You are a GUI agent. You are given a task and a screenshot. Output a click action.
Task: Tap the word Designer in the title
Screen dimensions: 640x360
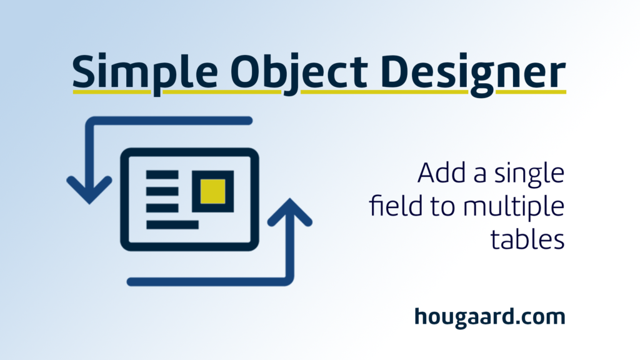pyautogui.click(x=475, y=74)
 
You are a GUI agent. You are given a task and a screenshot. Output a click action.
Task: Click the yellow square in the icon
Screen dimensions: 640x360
pyautogui.click(x=212, y=191)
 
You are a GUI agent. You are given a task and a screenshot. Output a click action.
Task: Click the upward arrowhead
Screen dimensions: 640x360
pyautogui.click(x=290, y=212)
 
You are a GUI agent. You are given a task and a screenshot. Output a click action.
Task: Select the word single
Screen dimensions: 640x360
pyautogui.click(x=529, y=175)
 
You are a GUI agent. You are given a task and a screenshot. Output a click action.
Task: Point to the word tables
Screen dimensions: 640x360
pyautogui.click(x=527, y=239)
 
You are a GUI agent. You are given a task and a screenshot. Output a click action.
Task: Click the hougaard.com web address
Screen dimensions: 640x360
pyautogui.click(x=490, y=317)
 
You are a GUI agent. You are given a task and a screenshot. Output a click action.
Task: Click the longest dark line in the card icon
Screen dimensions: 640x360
pyautogui.click(x=172, y=224)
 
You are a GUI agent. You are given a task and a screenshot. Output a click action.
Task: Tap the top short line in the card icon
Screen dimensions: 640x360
pyautogui.click(x=162, y=175)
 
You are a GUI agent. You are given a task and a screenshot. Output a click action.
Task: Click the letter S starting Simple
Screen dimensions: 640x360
pyautogui.click(x=84, y=71)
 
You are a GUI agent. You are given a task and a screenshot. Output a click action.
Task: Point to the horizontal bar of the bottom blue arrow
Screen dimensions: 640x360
pyautogui.click(x=209, y=282)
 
